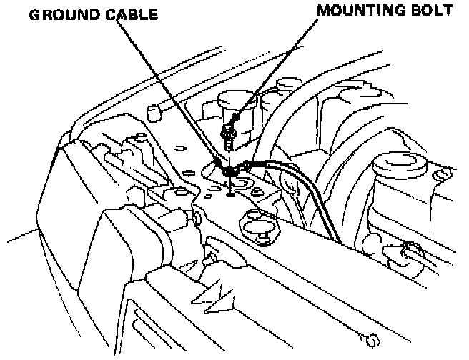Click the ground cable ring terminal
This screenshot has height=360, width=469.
(x=230, y=171)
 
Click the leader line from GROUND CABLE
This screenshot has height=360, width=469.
(x=172, y=93)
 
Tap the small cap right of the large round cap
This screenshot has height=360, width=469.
(x=444, y=174)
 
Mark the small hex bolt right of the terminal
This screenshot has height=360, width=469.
(x=247, y=166)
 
